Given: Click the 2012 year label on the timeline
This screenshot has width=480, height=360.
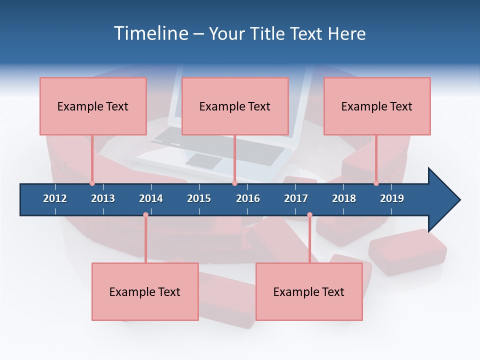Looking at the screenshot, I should [55, 198].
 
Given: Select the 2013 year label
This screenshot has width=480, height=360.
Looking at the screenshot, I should [103, 198].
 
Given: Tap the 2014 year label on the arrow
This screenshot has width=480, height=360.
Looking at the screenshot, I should [151, 198].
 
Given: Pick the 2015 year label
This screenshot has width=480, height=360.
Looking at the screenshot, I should [199, 198].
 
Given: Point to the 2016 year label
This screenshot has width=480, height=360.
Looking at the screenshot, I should [248, 198].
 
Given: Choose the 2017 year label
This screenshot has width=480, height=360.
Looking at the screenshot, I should [296, 198].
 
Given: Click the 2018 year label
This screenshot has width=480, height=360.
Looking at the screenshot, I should [344, 198].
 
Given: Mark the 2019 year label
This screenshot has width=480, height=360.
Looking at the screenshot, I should [392, 198].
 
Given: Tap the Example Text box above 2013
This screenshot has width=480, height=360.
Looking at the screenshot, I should [93, 106].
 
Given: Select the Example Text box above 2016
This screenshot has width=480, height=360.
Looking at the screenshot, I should [235, 106].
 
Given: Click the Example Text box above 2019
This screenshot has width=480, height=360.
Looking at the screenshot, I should [377, 106].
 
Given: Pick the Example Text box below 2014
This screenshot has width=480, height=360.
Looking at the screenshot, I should [145, 292].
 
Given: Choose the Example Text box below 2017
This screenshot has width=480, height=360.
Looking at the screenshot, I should [309, 292].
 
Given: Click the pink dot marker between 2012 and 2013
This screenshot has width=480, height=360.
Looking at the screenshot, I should [92, 183].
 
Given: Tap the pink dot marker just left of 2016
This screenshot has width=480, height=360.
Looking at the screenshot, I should [234, 183].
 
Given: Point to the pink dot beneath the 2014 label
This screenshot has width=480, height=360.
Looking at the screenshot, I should [145, 215].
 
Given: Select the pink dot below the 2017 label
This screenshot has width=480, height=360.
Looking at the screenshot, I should [309, 215].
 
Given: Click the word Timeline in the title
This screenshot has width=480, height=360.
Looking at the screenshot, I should [150, 33].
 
